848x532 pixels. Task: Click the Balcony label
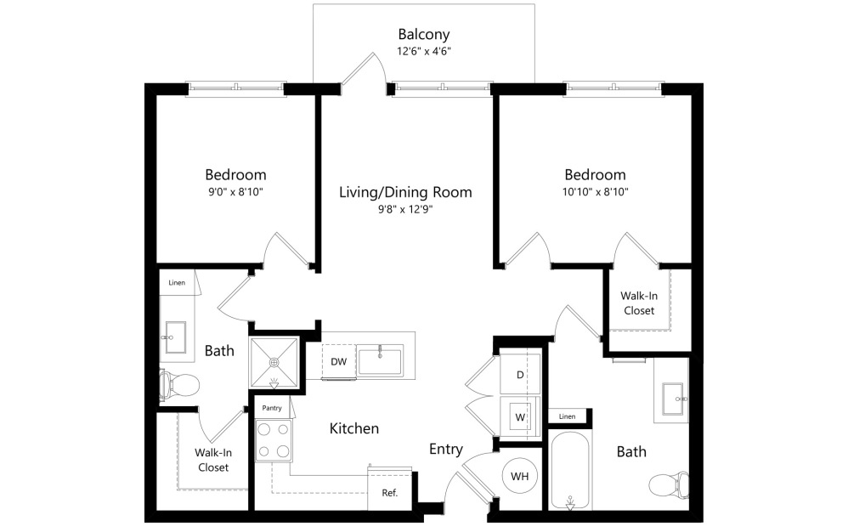pos(423,35)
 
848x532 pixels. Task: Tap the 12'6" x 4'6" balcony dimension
pos(423,51)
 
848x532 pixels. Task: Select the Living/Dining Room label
pos(405,192)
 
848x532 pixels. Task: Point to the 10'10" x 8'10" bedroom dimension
pos(595,192)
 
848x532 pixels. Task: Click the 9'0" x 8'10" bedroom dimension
pos(237,192)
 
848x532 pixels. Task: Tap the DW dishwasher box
pos(338,362)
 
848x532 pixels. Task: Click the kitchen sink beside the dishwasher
pos(380,360)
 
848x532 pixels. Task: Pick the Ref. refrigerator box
pos(388,492)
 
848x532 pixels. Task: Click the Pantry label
pos(272,408)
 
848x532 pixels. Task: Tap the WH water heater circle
pos(519,476)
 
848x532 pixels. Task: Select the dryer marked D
pos(520,375)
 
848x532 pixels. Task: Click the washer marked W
pos(520,416)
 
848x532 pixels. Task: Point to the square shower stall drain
pos(274,363)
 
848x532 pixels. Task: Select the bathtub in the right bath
pos(570,472)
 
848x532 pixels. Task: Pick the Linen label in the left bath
pos(177,282)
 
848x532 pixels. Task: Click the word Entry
pos(446,450)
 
